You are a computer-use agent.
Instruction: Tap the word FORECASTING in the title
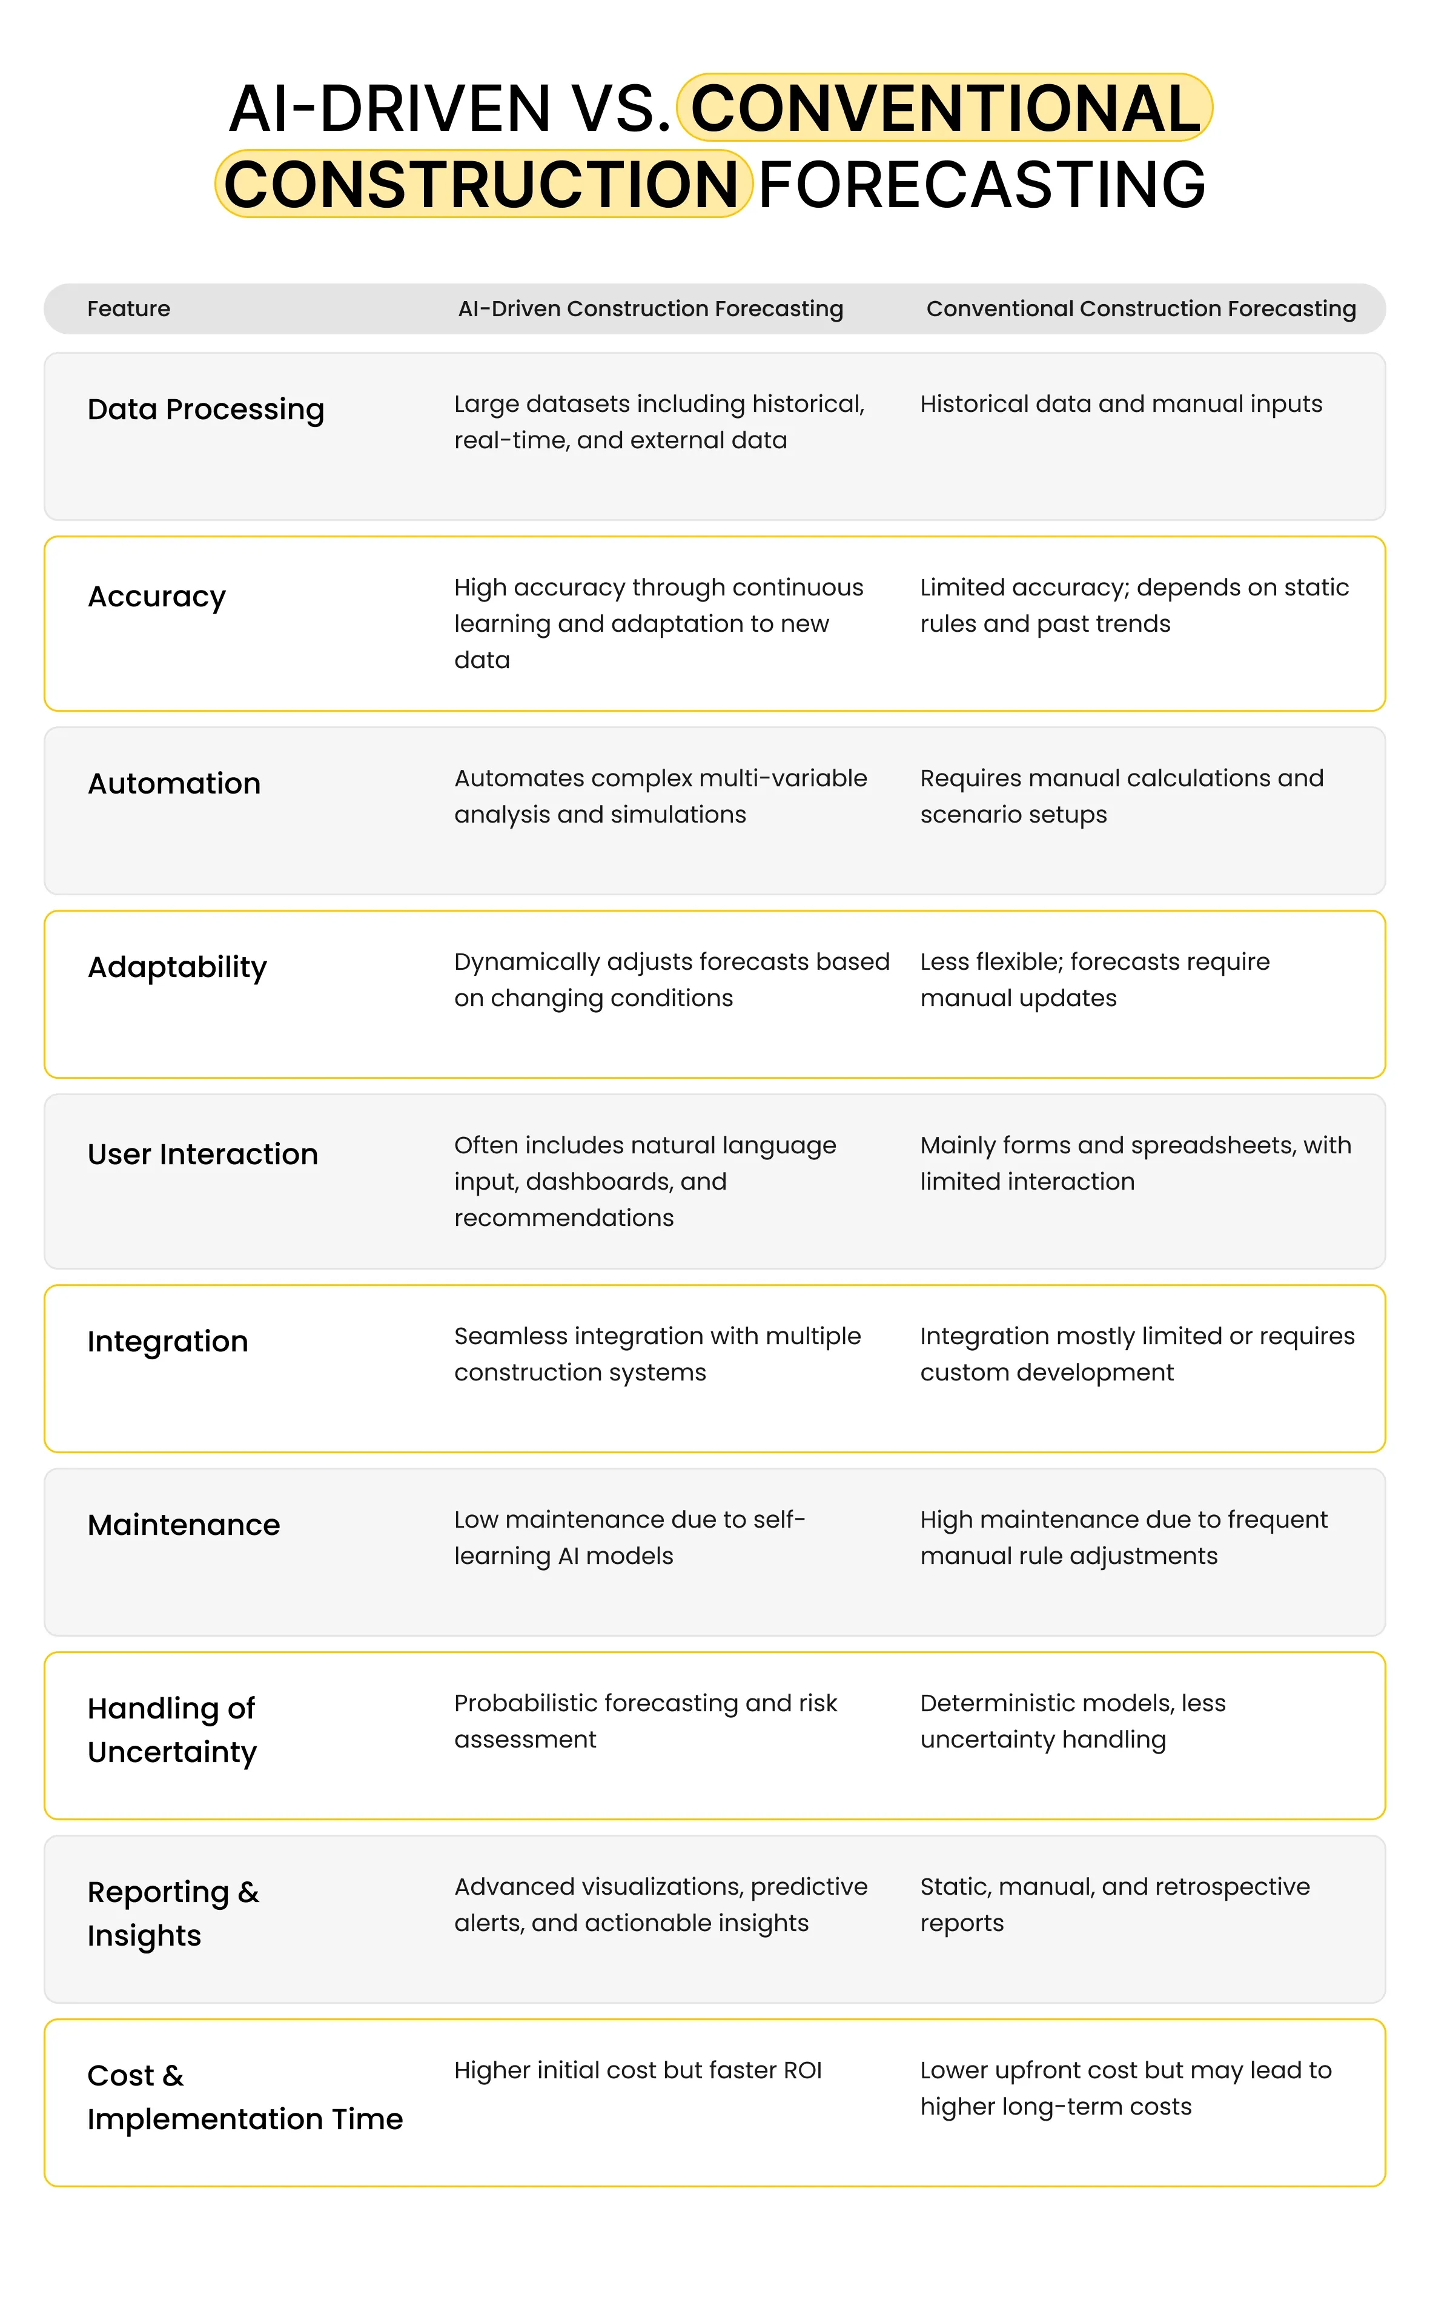(x=982, y=184)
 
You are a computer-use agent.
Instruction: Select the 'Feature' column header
(x=128, y=308)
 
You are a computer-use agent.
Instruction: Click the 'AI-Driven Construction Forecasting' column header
(x=650, y=308)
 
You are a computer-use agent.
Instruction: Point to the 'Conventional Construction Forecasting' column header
(x=1140, y=308)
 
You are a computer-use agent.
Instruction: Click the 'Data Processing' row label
(x=205, y=409)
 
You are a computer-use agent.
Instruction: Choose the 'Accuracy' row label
(x=156, y=597)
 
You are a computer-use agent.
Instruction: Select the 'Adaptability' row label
(x=177, y=967)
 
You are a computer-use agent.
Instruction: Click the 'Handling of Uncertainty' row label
(x=172, y=1730)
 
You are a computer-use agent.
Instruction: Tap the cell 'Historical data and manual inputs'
(x=1120, y=404)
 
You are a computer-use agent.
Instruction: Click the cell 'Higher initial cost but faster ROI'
(x=637, y=2070)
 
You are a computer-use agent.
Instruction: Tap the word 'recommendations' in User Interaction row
(x=564, y=1218)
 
